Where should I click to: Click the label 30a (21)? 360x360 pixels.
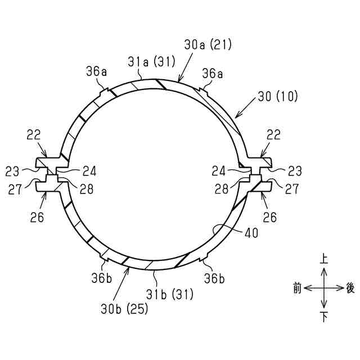(208, 44)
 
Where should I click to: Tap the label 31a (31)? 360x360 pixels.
(151, 62)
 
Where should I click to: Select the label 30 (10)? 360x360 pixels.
(277, 96)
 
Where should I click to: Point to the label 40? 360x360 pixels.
(251, 233)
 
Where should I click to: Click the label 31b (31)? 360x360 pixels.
(170, 294)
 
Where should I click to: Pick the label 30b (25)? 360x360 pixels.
(124, 309)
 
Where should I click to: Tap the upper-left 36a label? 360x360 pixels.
(96, 71)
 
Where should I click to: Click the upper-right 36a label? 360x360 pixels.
(213, 74)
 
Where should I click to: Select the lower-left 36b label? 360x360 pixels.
(101, 278)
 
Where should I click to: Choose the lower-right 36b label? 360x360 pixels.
(214, 278)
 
